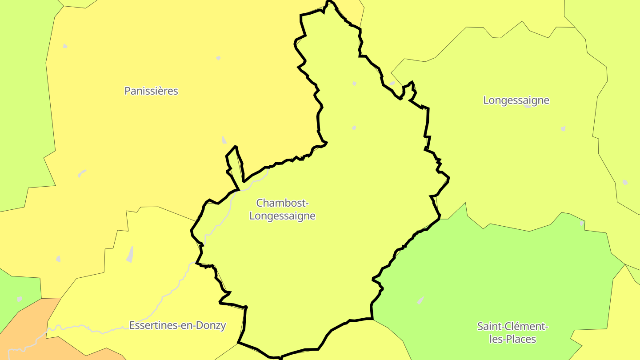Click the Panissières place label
click(x=151, y=91)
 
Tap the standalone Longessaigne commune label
click(x=516, y=100)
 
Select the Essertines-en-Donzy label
click(x=177, y=325)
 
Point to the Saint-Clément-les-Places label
click(x=512, y=333)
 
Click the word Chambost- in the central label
click(x=282, y=203)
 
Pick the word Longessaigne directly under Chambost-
click(x=282, y=216)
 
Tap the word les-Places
click(x=512, y=340)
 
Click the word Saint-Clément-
click(x=512, y=327)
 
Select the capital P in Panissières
click(x=128, y=91)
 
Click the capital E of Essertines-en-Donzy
click(x=132, y=325)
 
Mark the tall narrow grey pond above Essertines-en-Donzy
click(x=130, y=254)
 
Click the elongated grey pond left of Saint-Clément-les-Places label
click(x=420, y=300)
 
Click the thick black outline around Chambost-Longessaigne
click(x=428, y=120)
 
